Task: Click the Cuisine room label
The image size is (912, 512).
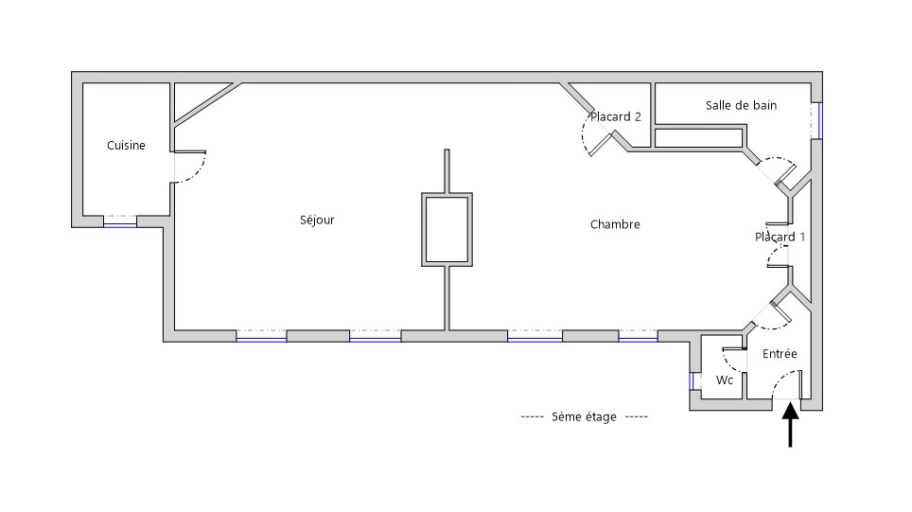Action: pyautogui.click(x=126, y=146)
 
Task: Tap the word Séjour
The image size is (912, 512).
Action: pyautogui.click(x=317, y=221)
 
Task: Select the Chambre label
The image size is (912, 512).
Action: pyautogui.click(x=615, y=225)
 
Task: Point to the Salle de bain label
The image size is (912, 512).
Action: pyautogui.click(x=741, y=106)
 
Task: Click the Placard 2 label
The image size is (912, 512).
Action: pyautogui.click(x=616, y=117)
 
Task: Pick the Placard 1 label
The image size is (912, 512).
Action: pyautogui.click(x=780, y=237)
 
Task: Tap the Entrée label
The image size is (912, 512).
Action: pyautogui.click(x=780, y=354)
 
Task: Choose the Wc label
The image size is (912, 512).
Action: pyautogui.click(x=725, y=380)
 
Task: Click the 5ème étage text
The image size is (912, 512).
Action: pyautogui.click(x=584, y=417)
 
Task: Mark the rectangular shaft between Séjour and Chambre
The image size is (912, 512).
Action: pyautogui.click(x=447, y=229)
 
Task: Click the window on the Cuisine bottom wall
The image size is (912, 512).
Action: pyautogui.click(x=120, y=221)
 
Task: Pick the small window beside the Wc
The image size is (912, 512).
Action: pyautogui.click(x=693, y=381)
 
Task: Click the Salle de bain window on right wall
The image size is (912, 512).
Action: pyautogui.click(x=816, y=120)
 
